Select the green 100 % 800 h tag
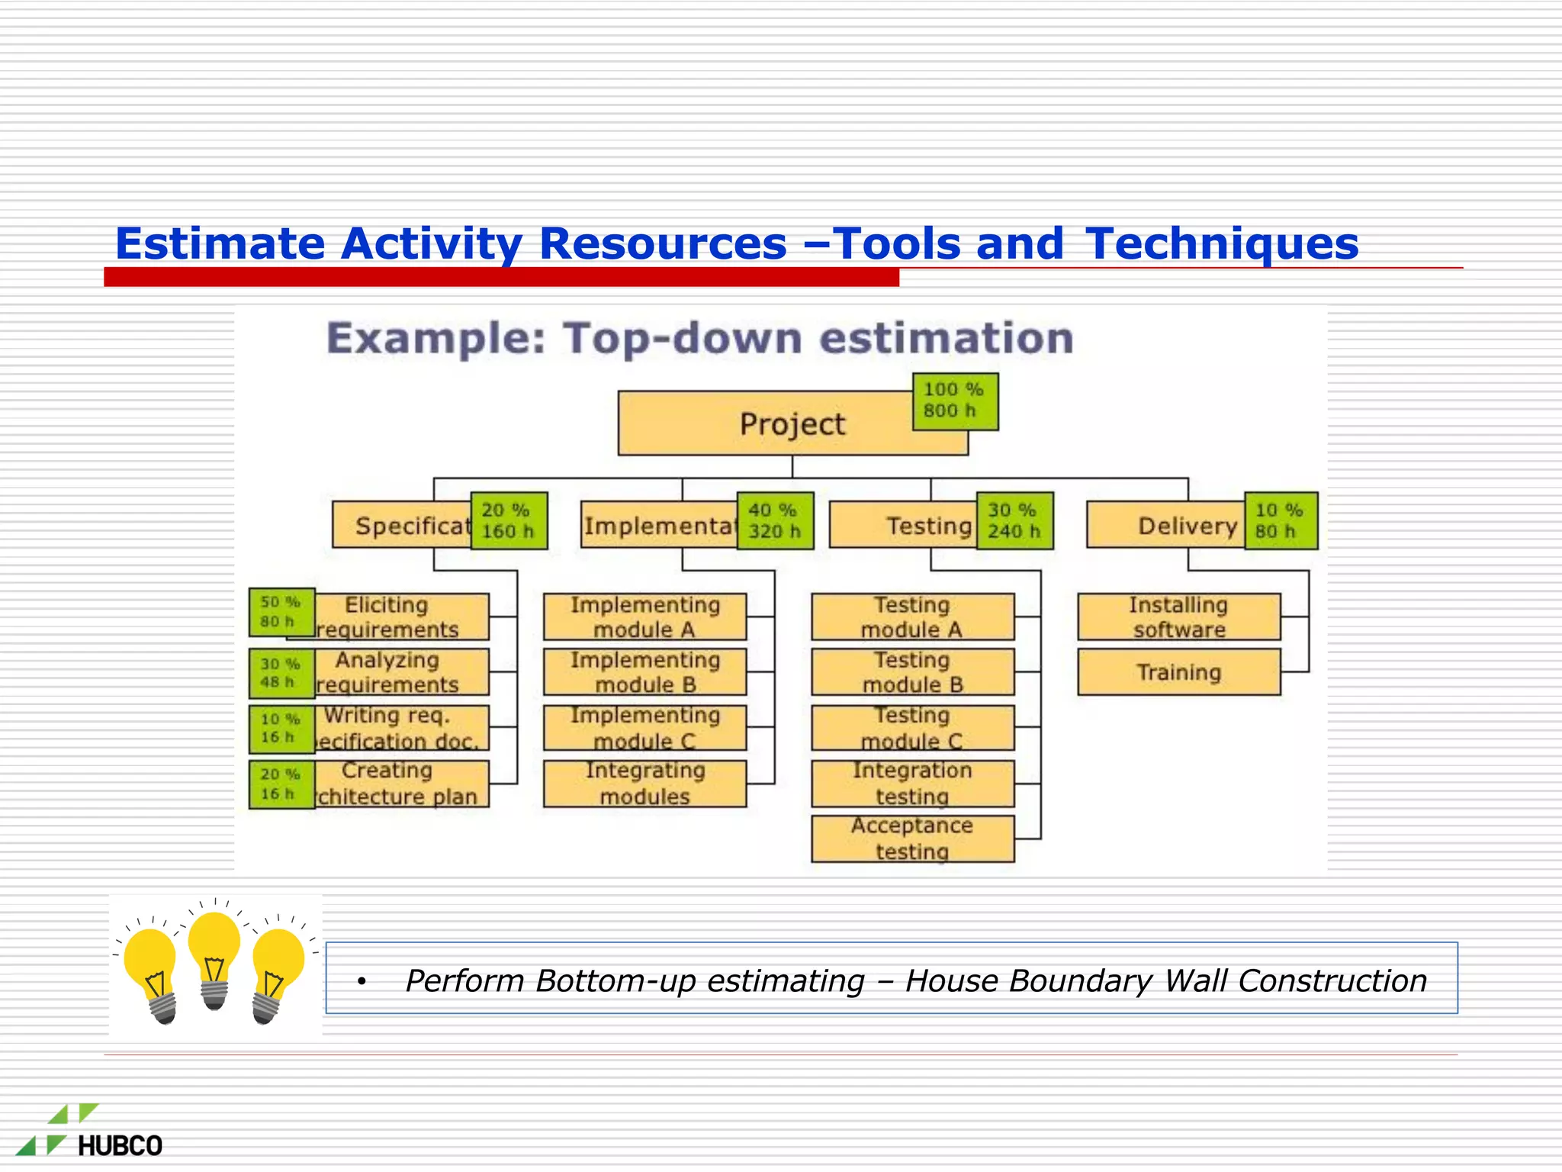pyautogui.click(x=955, y=401)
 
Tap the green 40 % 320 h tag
pyautogui.click(x=775, y=521)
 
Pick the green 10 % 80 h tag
pyautogui.click(x=1281, y=521)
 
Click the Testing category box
pyautogui.click(x=904, y=525)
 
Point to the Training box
pyautogui.click(x=1178, y=672)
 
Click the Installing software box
pyautogui.click(x=1178, y=617)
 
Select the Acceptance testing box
pyautogui.click(x=912, y=839)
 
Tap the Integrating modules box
pyautogui.click(x=644, y=784)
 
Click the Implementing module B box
pyautogui.click(x=644, y=672)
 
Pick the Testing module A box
pyautogui.click(x=912, y=617)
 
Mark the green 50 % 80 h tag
pyautogui.click(x=281, y=612)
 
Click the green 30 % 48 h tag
pyautogui.click(x=281, y=673)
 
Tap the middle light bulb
pyautogui.click(x=214, y=958)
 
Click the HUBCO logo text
pyautogui.click(x=120, y=1145)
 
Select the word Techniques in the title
pyautogui.click(x=1221, y=244)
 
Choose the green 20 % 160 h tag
pyautogui.click(x=509, y=521)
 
